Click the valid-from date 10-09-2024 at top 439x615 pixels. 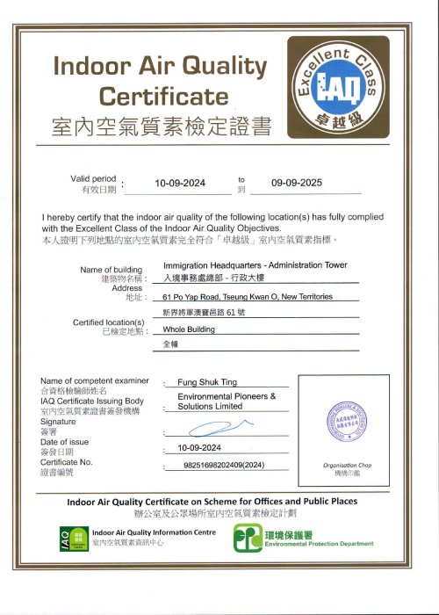[179, 184]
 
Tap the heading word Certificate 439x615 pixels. [163, 95]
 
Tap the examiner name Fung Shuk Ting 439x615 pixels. [207, 383]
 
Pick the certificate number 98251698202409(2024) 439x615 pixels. [225, 465]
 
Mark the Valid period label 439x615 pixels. [93, 178]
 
